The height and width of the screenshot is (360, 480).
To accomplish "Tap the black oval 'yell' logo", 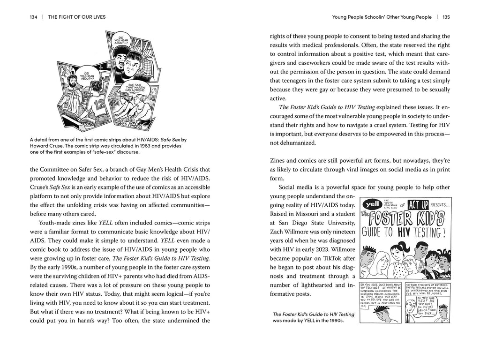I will (x=369, y=204).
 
